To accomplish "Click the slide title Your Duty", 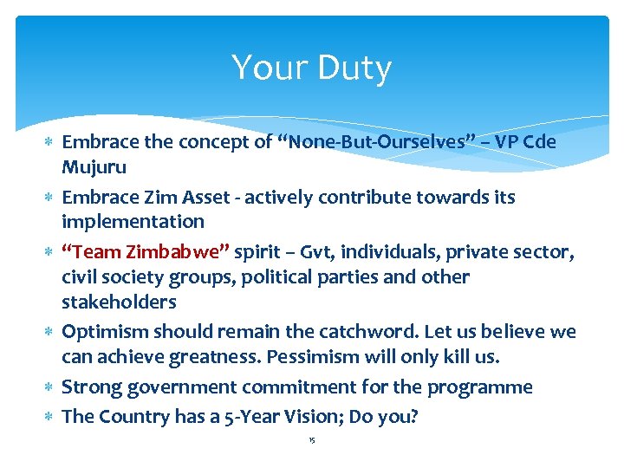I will pos(311,68).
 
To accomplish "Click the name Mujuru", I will pos(94,166).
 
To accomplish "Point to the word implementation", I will pos(133,222).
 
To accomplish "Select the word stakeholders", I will pos(119,302).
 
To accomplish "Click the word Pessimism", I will pos(309,357).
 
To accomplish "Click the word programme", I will pos(480,387).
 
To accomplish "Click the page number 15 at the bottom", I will pos(311,441).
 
